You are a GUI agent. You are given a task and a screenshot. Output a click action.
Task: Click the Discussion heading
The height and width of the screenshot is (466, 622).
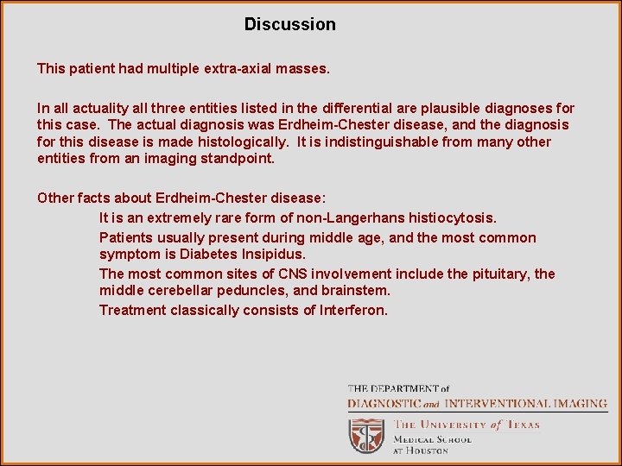click(x=289, y=24)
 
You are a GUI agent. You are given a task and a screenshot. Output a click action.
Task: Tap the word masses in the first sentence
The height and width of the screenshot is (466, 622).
click(x=302, y=66)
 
